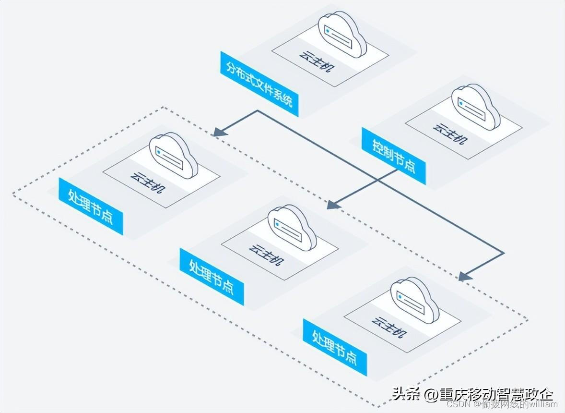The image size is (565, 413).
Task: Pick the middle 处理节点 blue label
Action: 212,277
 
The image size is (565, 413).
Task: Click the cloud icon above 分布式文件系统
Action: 342,34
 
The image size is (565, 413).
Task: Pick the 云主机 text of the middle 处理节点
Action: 267,255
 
